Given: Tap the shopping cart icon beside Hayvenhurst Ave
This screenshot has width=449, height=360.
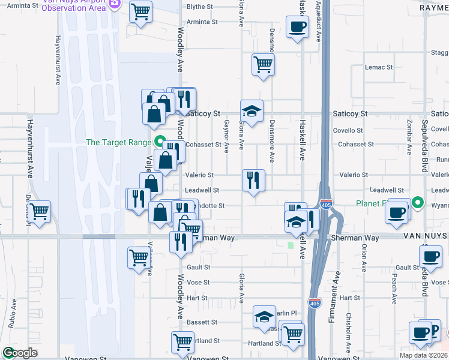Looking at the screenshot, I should click(39, 211).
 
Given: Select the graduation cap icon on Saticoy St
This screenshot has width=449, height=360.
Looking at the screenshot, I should click(252, 110).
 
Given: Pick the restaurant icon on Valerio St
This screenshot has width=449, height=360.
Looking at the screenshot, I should click(253, 179).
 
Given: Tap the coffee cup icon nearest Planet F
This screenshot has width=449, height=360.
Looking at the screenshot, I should click(396, 212).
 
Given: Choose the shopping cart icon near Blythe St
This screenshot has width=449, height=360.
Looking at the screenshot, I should click(140, 11).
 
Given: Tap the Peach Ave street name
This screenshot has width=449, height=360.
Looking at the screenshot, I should click(394, 289).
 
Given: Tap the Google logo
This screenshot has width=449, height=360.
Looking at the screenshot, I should click(20, 353).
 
